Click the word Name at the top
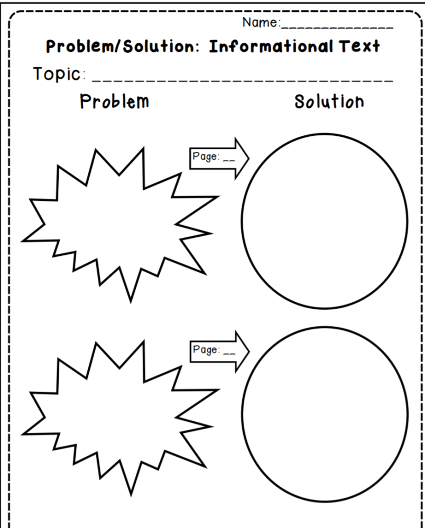[260, 23]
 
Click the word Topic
[57, 74]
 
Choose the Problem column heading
[115, 101]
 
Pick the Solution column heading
[329, 101]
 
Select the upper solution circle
[325, 220]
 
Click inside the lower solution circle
[325, 414]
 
